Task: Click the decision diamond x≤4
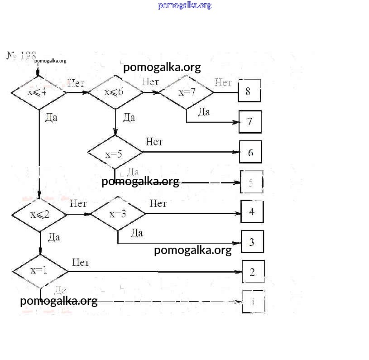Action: [x=38, y=93]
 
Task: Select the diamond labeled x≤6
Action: [x=115, y=92]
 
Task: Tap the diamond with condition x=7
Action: [x=187, y=92]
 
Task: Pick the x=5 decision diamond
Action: [x=115, y=154]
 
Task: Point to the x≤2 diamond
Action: [x=40, y=214]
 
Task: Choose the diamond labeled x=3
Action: [x=118, y=214]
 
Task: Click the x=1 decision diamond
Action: [x=40, y=271]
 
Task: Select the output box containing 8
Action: [x=249, y=91]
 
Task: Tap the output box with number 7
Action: [x=250, y=121]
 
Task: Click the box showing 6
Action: [x=250, y=153]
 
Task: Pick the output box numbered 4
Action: [x=252, y=211]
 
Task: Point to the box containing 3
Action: [x=252, y=242]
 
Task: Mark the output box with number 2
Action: [x=253, y=272]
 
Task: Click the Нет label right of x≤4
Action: [x=76, y=83]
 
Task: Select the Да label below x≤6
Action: [x=129, y=118]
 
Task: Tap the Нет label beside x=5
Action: [x=154, y=142]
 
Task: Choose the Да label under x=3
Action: [x=137, y=233]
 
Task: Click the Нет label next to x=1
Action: [x=81, y=263]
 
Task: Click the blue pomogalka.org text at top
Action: [x=185, y=5]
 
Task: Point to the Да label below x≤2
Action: [x=54, y=237]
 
